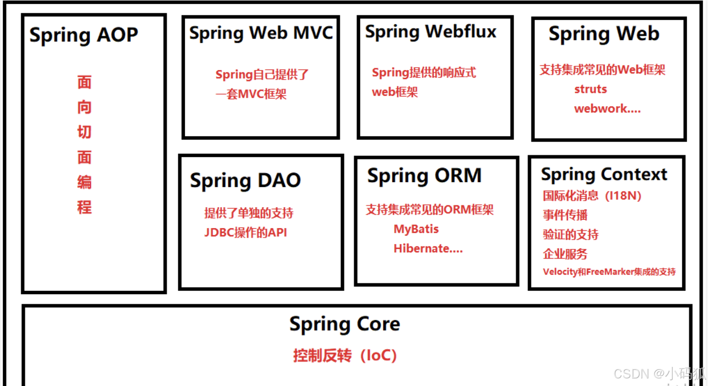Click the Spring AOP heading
(x=83, y=36)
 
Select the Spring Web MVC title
(x=261, y=33)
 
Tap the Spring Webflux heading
(x=430, y=32)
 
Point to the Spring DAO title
(x=245, y=181)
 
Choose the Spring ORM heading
(x=424, y=176)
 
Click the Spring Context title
(x=604, y=175)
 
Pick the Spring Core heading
(x=345, y=324)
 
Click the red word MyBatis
(x=416, y=229)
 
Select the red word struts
(x=590, y=89)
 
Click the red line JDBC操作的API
(x=245, y=233)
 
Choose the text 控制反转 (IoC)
(x=345, y=356)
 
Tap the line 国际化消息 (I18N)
(x=592, y=196)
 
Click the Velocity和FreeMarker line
(x=609, y=272)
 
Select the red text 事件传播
(x=565, y=215)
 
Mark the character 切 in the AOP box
(x=84, y=132)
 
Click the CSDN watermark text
(x=659, y=374)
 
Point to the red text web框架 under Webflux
(x=395, y=92)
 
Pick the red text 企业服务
(x=565, y=254)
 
